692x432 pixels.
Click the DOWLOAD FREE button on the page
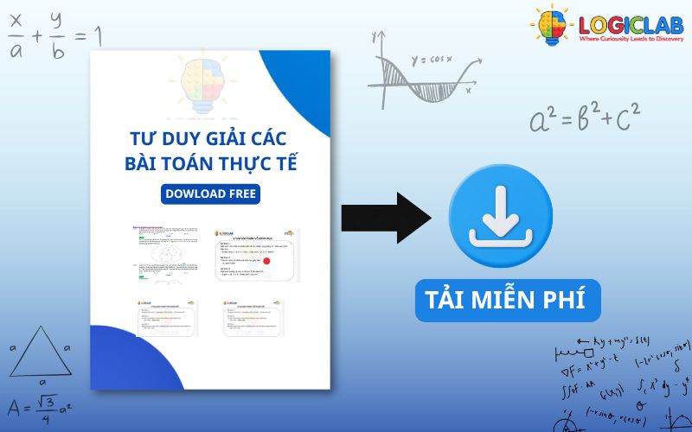[x=210, y=194]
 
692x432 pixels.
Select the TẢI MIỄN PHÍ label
[x=506, y=300]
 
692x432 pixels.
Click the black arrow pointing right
[x=385, y=213]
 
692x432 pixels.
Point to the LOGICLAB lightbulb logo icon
[x=550, y=26]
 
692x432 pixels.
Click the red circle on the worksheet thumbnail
[x=266, y=260]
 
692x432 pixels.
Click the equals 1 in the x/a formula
[x=88, y=37]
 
